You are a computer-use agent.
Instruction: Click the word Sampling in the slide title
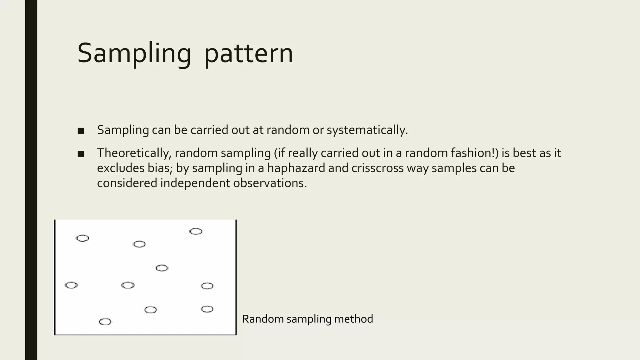(x=134, y=54)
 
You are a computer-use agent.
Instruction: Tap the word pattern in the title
(x=249, y=54)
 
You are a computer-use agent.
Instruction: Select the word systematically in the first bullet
(x=367, y=130)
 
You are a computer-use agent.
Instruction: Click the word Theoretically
(x=134, y=153)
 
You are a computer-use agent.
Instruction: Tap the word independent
(x=195, y=183)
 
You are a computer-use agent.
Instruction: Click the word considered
(x=127, y=183)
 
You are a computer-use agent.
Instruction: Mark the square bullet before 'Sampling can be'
(x=81, y=131)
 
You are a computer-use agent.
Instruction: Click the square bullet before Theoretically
(x=81, y=154)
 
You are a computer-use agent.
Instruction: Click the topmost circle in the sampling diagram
(x=196, y=232)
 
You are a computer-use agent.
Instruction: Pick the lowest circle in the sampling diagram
(x=105, y=322)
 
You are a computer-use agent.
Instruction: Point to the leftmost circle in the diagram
(x=71, y=285)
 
